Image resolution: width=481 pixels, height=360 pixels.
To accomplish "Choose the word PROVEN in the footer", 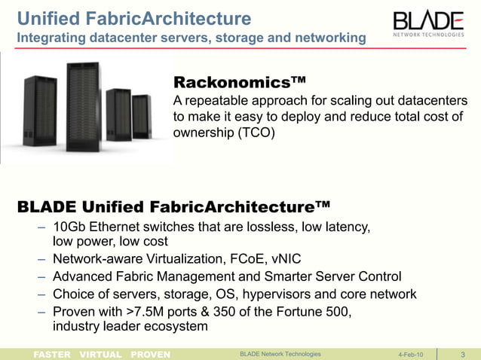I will tap(150, 354).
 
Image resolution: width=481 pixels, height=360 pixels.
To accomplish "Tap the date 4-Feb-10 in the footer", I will tap(410, 354).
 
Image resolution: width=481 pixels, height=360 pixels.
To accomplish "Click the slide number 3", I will tap(461, 354).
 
